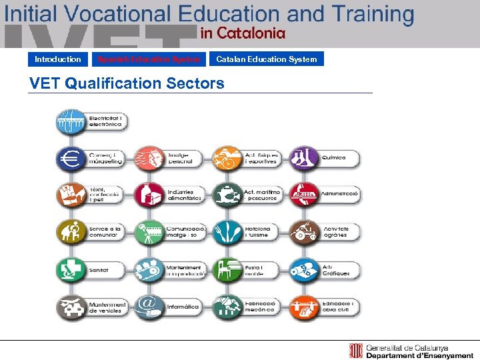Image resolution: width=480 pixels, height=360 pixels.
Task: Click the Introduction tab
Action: click(58, 59)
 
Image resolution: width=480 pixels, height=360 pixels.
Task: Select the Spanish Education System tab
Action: click(149, 59)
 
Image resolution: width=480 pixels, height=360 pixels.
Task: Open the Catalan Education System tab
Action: click(266, 59)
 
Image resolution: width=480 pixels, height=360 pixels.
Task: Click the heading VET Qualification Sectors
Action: click(127, 83)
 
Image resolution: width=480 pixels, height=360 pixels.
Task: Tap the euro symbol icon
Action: click(70, 159)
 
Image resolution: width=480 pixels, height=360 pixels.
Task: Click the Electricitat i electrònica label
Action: click(105, 121)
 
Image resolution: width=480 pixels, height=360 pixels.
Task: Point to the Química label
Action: click(334, 158)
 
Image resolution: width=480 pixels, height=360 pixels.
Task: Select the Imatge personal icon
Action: click(148, 159)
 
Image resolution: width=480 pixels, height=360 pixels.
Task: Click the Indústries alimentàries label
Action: click(185, 195)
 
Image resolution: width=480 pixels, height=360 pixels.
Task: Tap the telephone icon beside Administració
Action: click(304, 195)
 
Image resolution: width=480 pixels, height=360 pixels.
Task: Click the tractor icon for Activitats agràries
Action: click(304, 232)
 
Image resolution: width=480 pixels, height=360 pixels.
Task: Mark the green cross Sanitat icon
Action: click(70, 269)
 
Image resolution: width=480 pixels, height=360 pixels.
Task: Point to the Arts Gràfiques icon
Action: click(304, 269)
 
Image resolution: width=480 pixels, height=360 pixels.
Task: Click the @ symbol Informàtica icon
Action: click(148, 306)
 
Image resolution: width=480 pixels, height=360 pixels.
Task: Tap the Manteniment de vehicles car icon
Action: click(70, 307)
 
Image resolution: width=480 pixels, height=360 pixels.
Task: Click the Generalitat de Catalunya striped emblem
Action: click(357, 351)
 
